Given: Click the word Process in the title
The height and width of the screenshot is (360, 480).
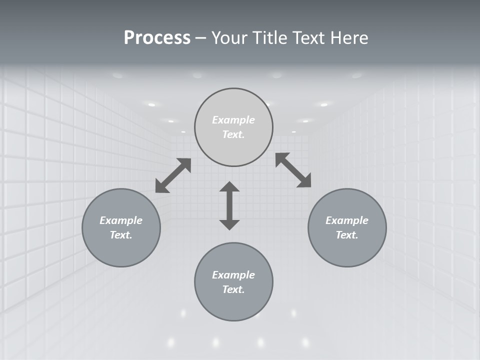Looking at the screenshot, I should pos(157,38).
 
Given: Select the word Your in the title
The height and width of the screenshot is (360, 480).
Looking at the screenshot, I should pos(229,38).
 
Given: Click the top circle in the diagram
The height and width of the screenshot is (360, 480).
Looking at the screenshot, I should pos(233,127).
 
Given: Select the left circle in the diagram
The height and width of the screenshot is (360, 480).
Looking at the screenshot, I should pos(121,227).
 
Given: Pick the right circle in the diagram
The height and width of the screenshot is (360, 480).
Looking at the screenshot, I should pos(347,227).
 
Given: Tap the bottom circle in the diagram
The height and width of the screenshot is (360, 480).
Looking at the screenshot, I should pos(233,282).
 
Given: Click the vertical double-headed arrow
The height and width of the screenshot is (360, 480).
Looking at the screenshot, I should pos(229,205).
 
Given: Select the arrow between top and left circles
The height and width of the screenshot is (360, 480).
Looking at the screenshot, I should pos(173,175).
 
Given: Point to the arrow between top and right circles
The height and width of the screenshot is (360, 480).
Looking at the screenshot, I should pos(293,170).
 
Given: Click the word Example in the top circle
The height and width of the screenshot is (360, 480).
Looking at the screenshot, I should pos(233,120).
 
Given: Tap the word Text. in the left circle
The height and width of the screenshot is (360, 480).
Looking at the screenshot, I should pos(121,235).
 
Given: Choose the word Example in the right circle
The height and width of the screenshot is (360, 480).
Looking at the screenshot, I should pos(347,220).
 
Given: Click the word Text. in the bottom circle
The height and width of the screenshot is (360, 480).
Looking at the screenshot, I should pos(233,289).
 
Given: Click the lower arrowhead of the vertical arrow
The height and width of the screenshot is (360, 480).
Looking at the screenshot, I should pos(229,224).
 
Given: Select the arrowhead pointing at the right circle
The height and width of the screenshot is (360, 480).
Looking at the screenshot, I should pos(304,181).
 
